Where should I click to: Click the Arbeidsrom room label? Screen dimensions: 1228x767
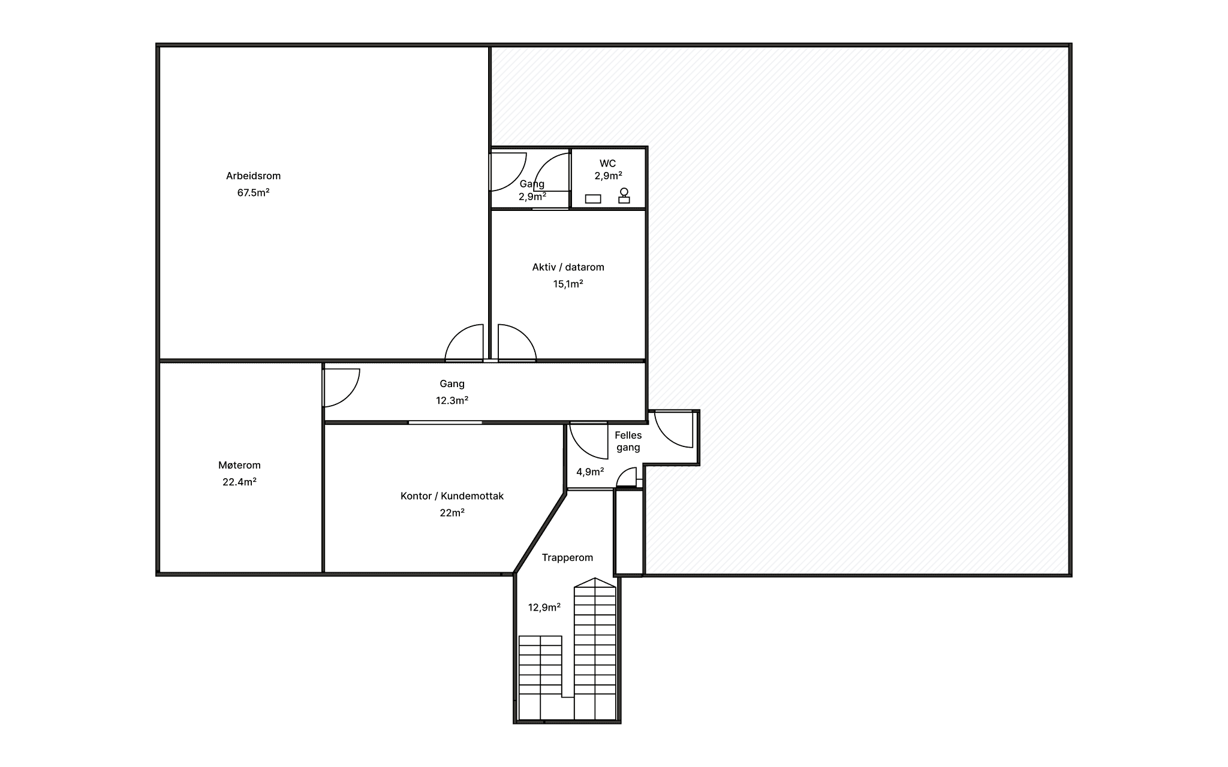(253, 176)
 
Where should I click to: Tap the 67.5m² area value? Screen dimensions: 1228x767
(253, 193)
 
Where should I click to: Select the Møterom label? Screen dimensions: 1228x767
(239, 465)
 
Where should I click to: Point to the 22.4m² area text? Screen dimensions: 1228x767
(239, 482)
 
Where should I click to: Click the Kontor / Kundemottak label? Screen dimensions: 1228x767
(452, 496)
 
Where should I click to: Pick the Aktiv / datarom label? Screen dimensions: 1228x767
(568, 267)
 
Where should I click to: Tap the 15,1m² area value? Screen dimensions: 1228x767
(568, 284)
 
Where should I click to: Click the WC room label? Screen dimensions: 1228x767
(607, 164)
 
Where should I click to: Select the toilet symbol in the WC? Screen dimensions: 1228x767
(624, 196)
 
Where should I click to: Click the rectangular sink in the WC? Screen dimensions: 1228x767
(593, 199)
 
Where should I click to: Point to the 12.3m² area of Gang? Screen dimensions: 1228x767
(452, 400)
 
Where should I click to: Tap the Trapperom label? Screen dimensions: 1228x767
(567, 558)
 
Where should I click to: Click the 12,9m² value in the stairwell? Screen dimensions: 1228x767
(544, 608)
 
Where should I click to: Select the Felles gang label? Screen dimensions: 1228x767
(628, 442)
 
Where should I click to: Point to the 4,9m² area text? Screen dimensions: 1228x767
(590, 472)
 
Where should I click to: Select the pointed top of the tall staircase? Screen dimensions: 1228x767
(595, 578)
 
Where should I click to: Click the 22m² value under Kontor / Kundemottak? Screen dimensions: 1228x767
(452, 513)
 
